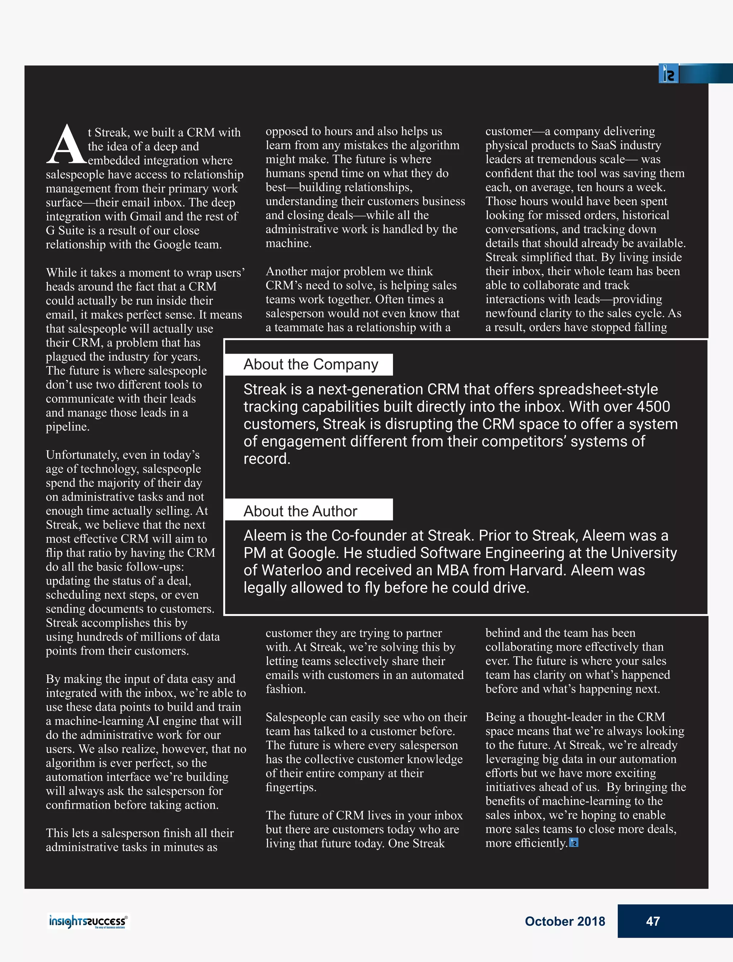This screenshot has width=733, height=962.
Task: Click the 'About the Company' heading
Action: (x=310, y=364)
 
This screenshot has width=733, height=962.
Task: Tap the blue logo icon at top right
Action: (x=669, y=74)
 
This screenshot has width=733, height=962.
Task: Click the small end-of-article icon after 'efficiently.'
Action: (x=574, y=843)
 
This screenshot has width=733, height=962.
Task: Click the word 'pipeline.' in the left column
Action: (x=68, y=427)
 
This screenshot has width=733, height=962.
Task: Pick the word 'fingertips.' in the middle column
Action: (x=291, y=787)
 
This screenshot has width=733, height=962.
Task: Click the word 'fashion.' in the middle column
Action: (x=286, y=689)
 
